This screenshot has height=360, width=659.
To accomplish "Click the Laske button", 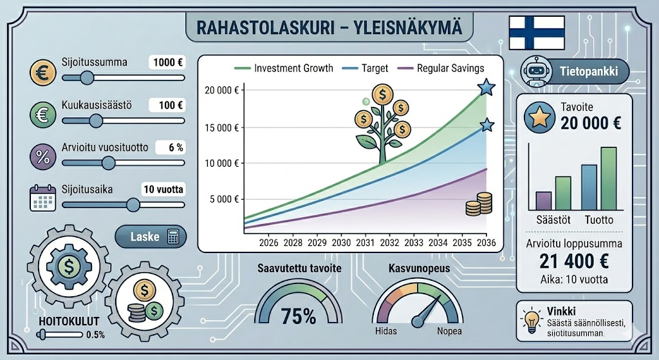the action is [151, 236].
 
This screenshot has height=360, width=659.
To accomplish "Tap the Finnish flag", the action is [537, 33].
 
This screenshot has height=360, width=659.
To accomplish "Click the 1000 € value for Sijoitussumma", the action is [167, 62].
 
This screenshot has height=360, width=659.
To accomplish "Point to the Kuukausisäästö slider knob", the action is [96, 120].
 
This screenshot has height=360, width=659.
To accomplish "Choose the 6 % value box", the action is [171, 147].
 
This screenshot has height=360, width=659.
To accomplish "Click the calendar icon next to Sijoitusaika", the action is [43, 198].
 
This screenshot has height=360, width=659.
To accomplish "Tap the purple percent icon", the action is [43, 156].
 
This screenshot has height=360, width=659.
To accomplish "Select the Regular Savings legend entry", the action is [441, 68].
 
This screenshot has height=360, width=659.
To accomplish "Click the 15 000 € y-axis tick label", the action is [221, 128].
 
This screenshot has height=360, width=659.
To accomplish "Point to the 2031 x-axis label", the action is [366, 243].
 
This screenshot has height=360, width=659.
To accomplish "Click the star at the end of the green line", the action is [487, 88].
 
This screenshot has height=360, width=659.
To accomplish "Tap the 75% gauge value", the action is [299, 316].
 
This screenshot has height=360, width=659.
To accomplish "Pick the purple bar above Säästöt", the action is [543, 201].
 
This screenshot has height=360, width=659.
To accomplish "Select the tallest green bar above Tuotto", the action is [609, 179].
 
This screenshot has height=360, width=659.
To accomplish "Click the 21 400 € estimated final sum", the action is [574, 261].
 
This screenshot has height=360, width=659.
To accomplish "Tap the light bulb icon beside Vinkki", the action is [532, 321].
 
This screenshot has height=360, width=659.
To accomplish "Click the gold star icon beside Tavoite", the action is [540, 117].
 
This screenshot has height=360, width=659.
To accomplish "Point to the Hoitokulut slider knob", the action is [42, 335].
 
